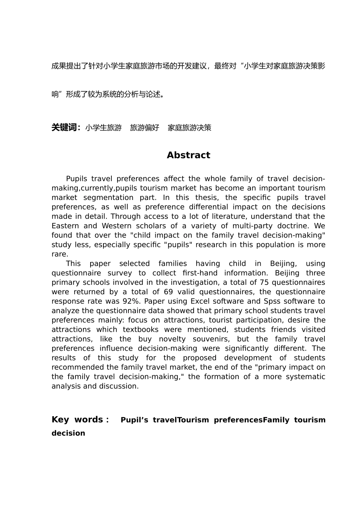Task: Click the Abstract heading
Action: coord(188,155)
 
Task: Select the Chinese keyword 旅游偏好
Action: coord(144,128)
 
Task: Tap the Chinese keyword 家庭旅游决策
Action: coord(189,128)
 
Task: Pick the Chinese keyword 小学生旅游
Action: coord(103,128)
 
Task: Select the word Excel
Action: coord(200,301)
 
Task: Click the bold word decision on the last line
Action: coord(68,433)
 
